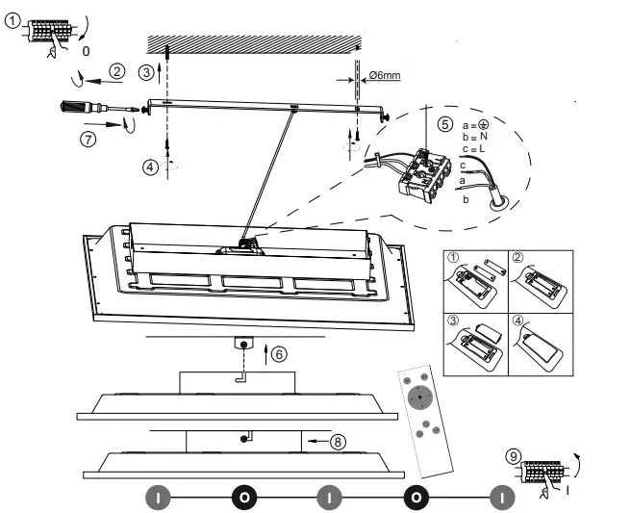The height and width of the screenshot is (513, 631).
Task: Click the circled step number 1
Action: [12, 27]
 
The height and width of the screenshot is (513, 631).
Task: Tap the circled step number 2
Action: [116, 70]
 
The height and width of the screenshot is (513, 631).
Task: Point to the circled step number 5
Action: [443, 123]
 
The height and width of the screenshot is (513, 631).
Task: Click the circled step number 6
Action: [278, 353]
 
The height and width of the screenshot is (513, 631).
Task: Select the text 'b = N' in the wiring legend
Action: [478, 138]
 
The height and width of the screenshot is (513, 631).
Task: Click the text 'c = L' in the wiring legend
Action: [477, 149]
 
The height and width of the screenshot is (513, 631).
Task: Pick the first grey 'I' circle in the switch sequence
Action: [159, 499]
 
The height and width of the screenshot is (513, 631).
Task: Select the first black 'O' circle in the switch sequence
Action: [244, 499]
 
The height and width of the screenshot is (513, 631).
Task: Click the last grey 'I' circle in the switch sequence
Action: [500, 499]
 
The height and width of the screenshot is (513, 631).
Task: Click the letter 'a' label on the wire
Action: [462, 179]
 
